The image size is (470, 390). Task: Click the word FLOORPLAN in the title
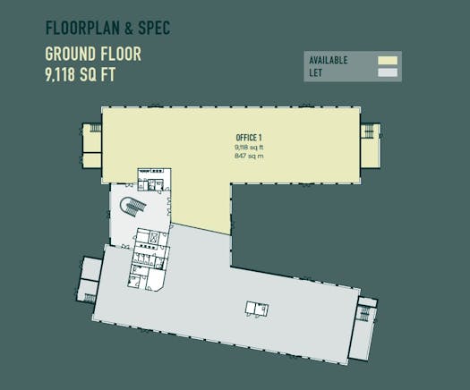[x=82, y=28]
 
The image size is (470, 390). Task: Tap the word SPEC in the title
[x=154, y=28]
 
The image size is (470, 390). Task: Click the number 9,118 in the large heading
[x=60, y=74]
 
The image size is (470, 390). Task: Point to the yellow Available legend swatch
[x=388, y=60]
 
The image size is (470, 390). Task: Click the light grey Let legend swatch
[x=388, y=72]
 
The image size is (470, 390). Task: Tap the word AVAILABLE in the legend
[x=329, y=60]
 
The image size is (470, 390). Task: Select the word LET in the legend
[x=315, y=72]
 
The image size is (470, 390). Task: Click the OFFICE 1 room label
[x=249, y=138]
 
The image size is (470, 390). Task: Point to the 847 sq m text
[x=249, y=156]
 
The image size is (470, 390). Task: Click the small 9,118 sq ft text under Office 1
[x=249, y=147]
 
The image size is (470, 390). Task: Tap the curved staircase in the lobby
[x=132, y=206]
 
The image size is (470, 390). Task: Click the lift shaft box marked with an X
[x=154, y=238]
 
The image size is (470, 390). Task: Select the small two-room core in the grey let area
[x=257, y=309]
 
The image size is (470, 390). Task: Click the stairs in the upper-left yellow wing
[x=95, y=128]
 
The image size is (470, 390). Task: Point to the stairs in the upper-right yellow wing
[x=367, y=131]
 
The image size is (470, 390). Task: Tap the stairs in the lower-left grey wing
[x=90, y=298]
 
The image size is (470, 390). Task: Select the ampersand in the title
[x=129, y=28]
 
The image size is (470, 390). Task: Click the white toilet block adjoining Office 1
[x=154, y=180]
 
